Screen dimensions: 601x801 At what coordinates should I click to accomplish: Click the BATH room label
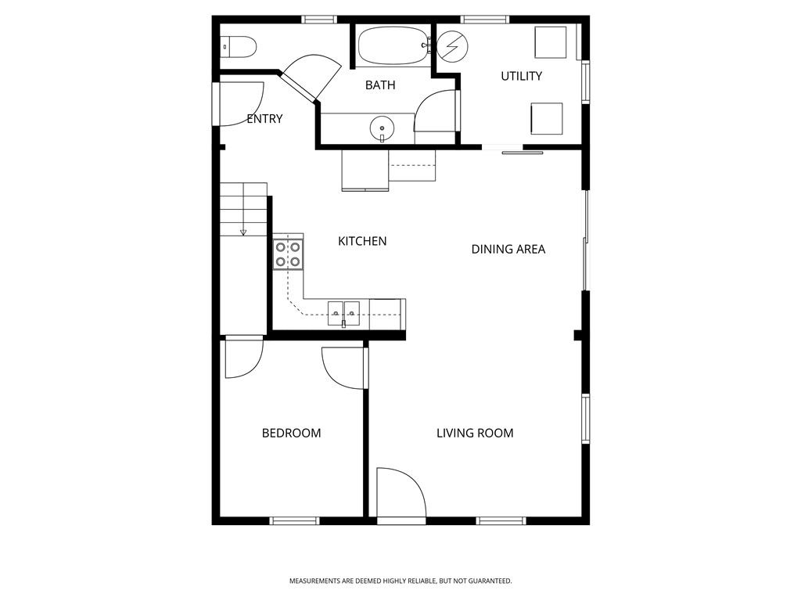tap(380, 85)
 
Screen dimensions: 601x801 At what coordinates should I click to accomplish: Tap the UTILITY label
tap(521, 76)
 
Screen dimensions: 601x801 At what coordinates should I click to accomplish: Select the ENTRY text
tap(264, 119)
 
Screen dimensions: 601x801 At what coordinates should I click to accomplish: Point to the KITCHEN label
tap(362, 241)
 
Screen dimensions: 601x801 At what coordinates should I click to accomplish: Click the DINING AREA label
tap(508, 250)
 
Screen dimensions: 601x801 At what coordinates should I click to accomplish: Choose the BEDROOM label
tap(291, 433)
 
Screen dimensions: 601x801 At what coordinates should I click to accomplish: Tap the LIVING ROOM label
tap(475, 433)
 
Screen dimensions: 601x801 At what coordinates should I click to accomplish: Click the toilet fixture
tap(239, 48)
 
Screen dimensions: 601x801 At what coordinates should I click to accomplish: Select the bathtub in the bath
tap(393, 46)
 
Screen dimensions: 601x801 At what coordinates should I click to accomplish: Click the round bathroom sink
tap(382, 127)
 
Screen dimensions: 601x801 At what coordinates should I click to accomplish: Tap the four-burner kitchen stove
tap(288, 254)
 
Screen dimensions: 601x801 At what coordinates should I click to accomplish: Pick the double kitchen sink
tap(343, 312)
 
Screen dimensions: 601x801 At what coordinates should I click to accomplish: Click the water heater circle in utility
tap(451, 46)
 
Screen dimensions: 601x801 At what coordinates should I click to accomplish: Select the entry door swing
tap(239, 103)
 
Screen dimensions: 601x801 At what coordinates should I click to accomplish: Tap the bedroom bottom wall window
tap(295, 520)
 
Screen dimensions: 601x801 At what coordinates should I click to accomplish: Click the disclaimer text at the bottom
tap(400, 581)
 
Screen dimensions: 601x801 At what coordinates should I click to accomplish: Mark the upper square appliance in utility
tap(550, 41)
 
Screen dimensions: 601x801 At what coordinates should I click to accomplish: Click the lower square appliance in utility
tap(546, 118)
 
